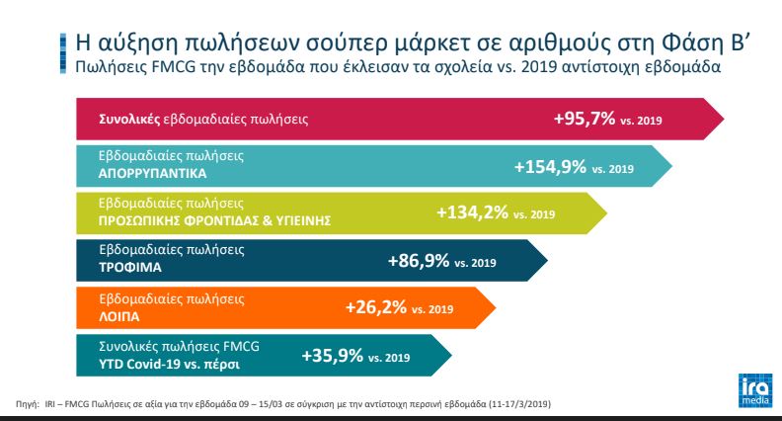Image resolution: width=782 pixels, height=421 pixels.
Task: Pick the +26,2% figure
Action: (x=376, y=307)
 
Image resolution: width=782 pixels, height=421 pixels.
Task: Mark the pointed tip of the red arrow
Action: (x=724, y=119)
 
